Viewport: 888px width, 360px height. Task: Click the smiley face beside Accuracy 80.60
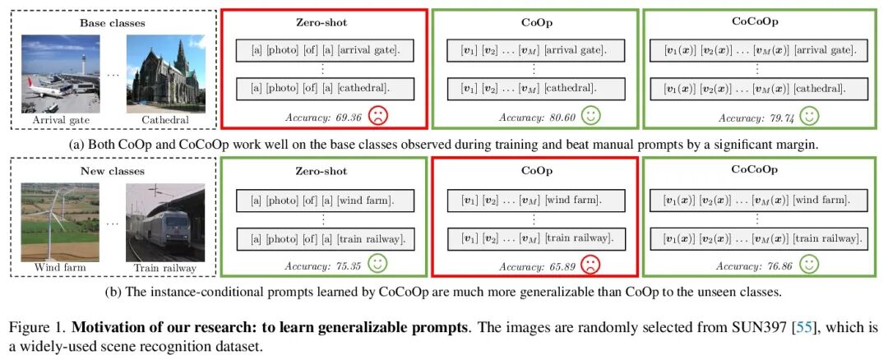pyautogui.click(x=590, y=116)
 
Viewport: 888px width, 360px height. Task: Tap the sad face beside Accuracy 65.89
pyautogui.click(x=590, y=265)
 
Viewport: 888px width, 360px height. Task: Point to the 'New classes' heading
pyautogui.click(x=112, y=171)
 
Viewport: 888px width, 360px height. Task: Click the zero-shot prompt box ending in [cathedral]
pyautogui.click(x=325, y=88)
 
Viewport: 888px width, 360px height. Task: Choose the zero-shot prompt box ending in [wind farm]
pyautogui.click(x=325, y=200)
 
